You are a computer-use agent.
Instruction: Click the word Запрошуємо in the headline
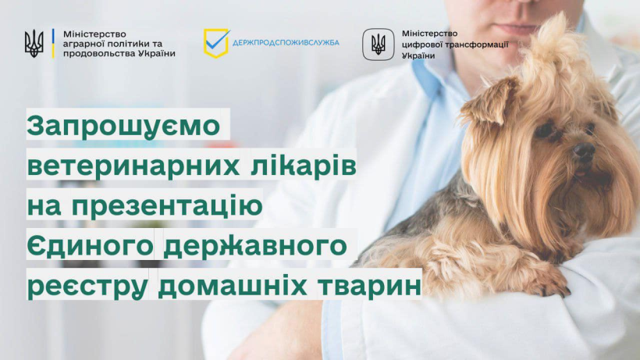pyautogui.click(x=123, y=127)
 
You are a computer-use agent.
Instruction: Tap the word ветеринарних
pyautogui.click(x=133, y=166)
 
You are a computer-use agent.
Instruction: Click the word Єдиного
pyautogui.click(x=91, y=246)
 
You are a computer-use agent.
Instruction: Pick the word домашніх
pyautogui.click(x=233, y=285)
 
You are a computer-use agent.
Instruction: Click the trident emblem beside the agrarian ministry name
pyautogui.click(x=34, y=43)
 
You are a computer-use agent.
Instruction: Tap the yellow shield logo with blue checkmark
pyautogui.click(x=217, y=43)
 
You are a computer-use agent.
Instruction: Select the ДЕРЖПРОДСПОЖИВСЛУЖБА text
pyautogui.click(x=286, y=42)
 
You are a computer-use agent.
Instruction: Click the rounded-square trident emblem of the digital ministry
pyautogui.click(x=379, y=45)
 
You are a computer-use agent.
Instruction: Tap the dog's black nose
pyautogui.click(x=585, y=151)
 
